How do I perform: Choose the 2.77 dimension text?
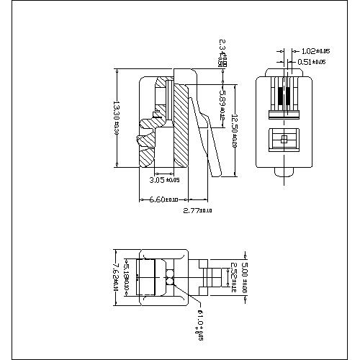(197, 211)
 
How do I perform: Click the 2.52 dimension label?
(233, 278)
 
